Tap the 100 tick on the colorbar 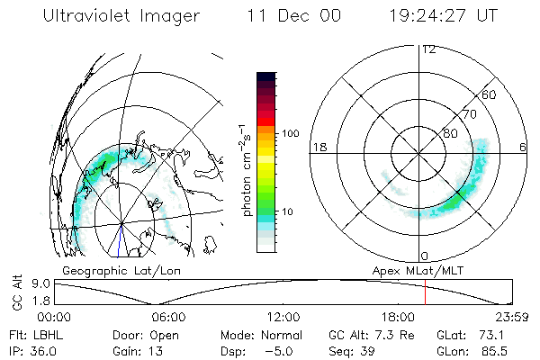pyautogui.click(x=291, y=133)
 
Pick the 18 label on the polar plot pyautogui.click(x=319, y=146)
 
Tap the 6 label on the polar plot pyautogui.click(x=524, y=146)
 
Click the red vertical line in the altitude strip pyautogui.click(x=424, y=292)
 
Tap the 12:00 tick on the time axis pyautogui.click(x=283, y=317)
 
